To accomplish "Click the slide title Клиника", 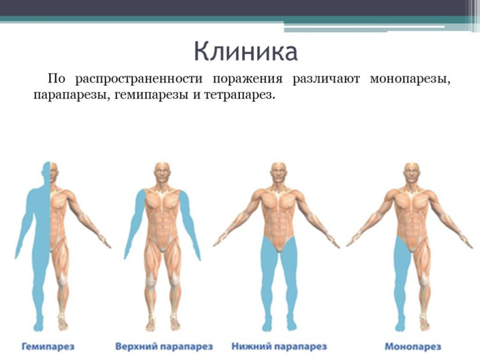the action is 245,52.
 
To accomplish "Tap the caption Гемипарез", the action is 48,347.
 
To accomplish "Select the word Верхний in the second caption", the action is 136,347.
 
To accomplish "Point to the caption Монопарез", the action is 413,347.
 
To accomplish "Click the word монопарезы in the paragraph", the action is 410,79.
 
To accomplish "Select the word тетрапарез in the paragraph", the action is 238,95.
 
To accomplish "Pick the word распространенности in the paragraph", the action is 139,79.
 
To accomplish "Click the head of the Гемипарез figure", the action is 50,172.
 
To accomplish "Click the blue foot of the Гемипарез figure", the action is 38,324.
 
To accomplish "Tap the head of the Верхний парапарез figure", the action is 162,173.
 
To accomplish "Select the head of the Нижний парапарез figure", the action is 279,173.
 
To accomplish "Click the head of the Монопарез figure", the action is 412,173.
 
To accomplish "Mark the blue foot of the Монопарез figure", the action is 400,324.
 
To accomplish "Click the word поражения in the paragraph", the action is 247,79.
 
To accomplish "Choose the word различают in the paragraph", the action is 326,79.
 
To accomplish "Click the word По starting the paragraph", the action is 56,79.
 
